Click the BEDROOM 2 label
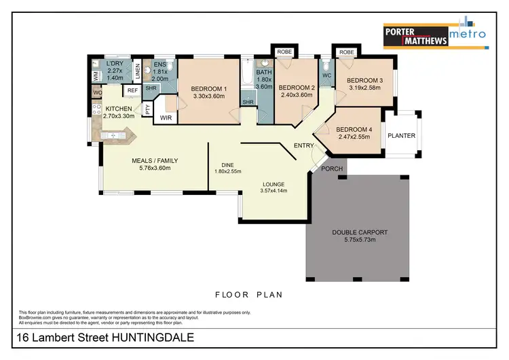pyautogui.click(x=297, y=87)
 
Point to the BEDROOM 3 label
pyautogui.click(x=365, y=80)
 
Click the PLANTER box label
pyautogui.click(x=401, y=136)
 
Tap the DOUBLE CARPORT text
pyautogui.click(x=359, y=232)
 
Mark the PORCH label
pyautogui.click(x=332, y=168)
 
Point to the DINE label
pyautogui.click(x=227, y=164)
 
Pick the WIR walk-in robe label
pyautogui.click(x=165, y=118)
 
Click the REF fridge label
pyautogui.click(x=132, y=90)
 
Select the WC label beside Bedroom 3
pyautogui.click(x=326, y=75)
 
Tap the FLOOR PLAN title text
pyautogui.click(x=248, y=295)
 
